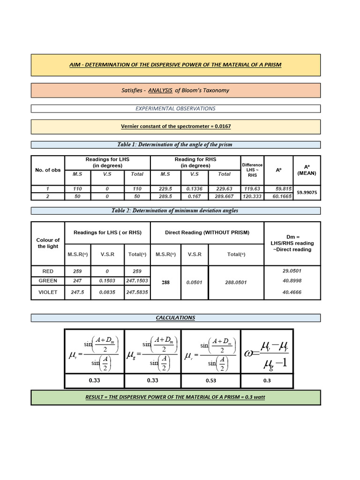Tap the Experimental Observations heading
point(176,108)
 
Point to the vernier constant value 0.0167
point(221,127)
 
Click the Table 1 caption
point(176,144)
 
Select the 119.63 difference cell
point(252,188)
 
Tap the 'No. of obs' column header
point(48,170)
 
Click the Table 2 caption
point(175,210)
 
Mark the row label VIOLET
point(50,292)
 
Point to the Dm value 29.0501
point(292,271)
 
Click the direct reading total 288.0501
point(236,283)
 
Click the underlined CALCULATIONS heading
point(175,318)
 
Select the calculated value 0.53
point(211,381)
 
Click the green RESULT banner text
point(176,397)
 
